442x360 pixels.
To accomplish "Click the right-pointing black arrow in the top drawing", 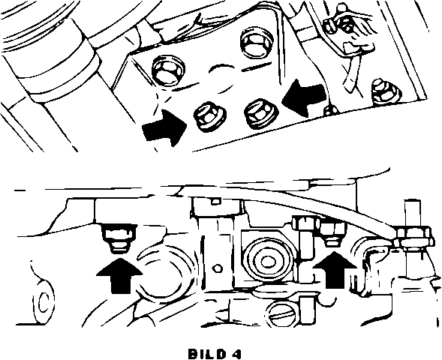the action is [164, 128].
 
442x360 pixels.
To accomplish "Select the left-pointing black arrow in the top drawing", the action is [304, 97].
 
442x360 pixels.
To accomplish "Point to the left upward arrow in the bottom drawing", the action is [119, 275].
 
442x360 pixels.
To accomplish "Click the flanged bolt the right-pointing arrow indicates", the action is [209, 116].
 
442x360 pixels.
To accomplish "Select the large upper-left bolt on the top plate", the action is [169, 70].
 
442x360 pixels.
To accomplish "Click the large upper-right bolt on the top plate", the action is [257, 43].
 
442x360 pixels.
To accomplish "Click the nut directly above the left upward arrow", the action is [119, 238].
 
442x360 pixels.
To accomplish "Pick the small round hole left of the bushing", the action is [218, 268].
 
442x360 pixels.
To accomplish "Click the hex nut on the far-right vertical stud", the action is [413, 236].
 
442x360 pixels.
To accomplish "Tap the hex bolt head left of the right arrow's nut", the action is [306, 223].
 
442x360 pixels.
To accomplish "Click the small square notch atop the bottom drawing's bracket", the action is [216, 201].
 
